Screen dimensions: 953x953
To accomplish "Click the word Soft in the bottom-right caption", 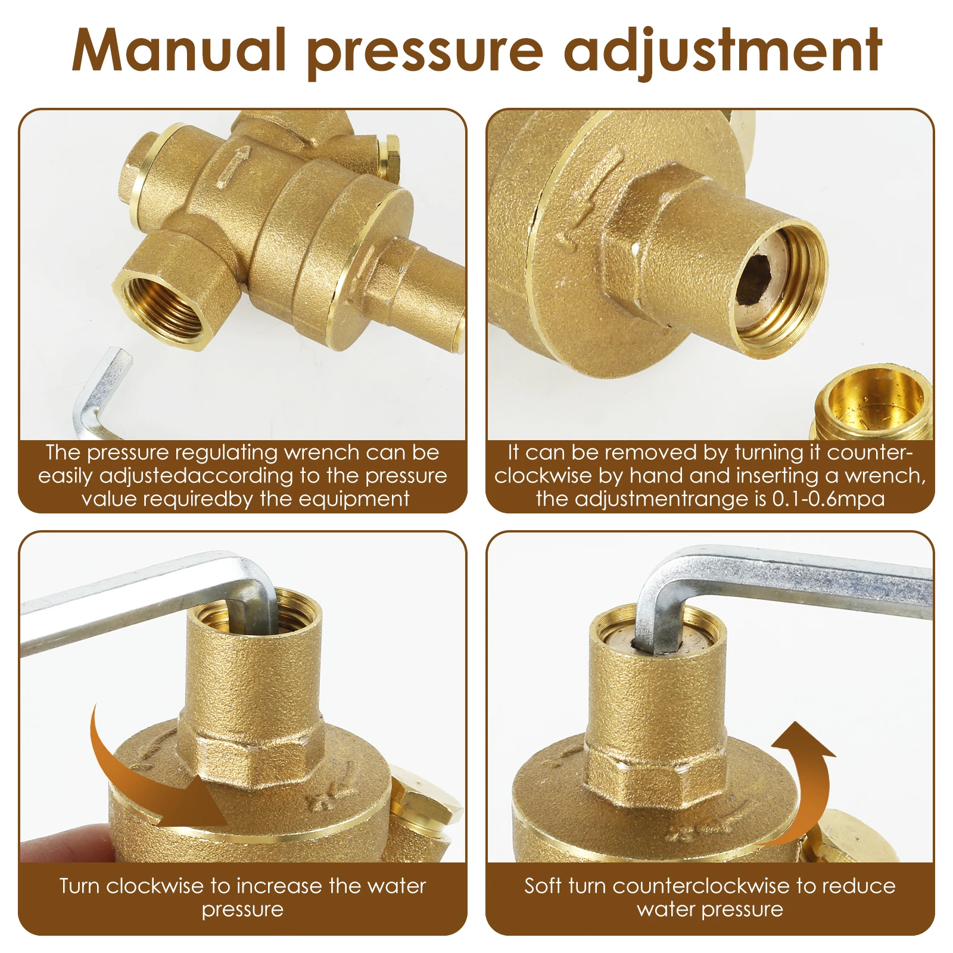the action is (x=543, y=886).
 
